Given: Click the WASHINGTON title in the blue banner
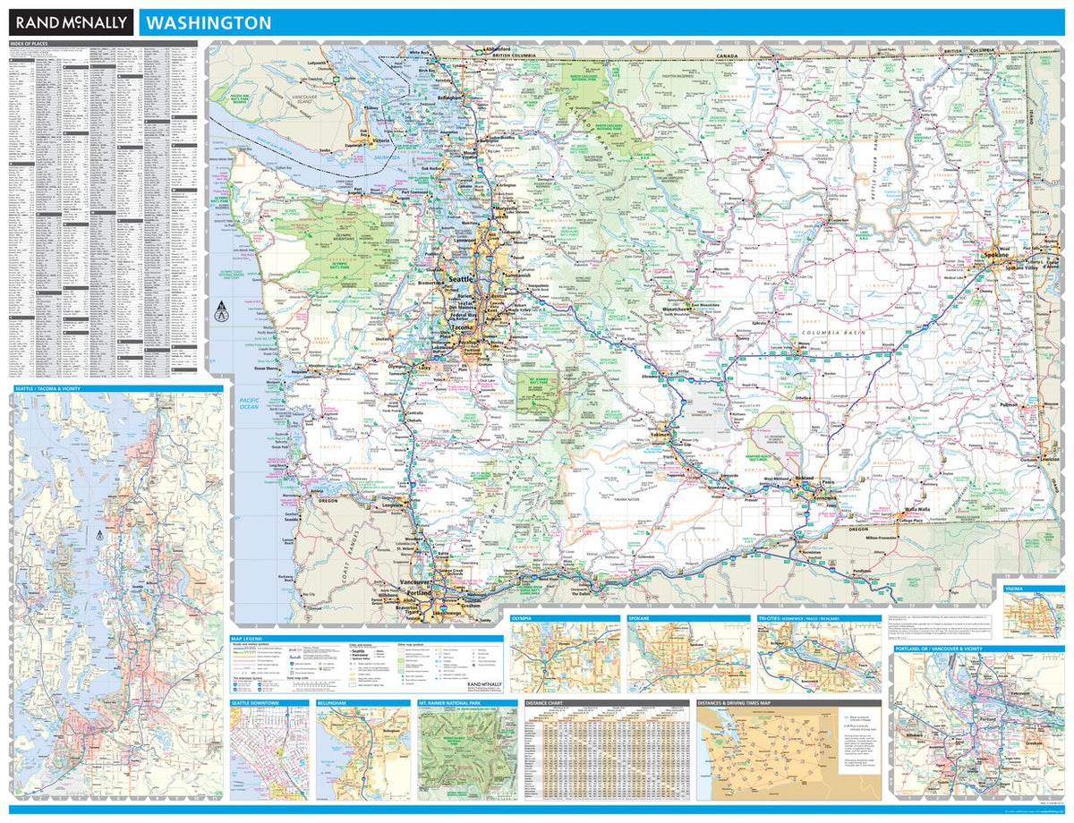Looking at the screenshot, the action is (x=209, y=23).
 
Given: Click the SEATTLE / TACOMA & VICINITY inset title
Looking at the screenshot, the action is (x=52, y=389).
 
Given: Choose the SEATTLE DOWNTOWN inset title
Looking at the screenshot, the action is (x=255, y=704).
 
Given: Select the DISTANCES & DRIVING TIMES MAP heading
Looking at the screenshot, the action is (x=745, y=704).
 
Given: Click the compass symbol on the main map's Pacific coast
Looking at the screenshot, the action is (x=219, y=311).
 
